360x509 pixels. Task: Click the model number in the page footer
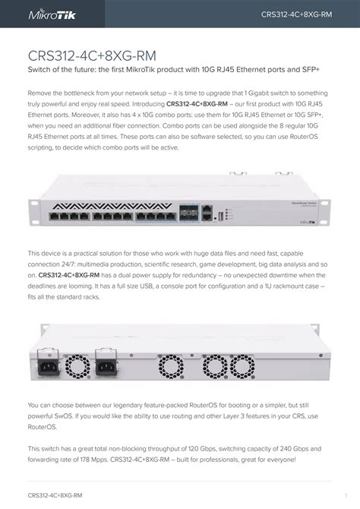55,495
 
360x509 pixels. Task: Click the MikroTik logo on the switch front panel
308,223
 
